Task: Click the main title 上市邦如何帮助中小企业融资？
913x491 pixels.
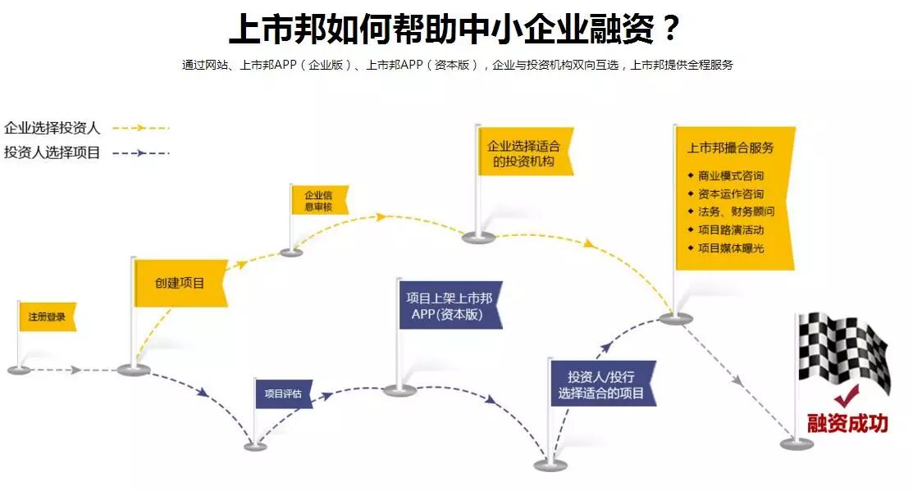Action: click(x=455, y=30)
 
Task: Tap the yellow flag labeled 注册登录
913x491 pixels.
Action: click(x=47, y=316)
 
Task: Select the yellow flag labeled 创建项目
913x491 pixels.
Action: click(x=180, y=284)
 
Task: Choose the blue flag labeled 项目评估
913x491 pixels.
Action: click(x=283, y=394)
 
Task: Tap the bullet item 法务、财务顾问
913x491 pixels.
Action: click(x=735, y=211)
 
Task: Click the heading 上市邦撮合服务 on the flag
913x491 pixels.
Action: click(x=730, y=148)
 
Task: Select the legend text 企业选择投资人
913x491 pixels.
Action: click(x=52, y=128)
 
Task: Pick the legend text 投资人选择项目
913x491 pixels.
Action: click(x=52, y=152)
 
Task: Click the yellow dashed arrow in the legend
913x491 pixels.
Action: click(x=140, y=128)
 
